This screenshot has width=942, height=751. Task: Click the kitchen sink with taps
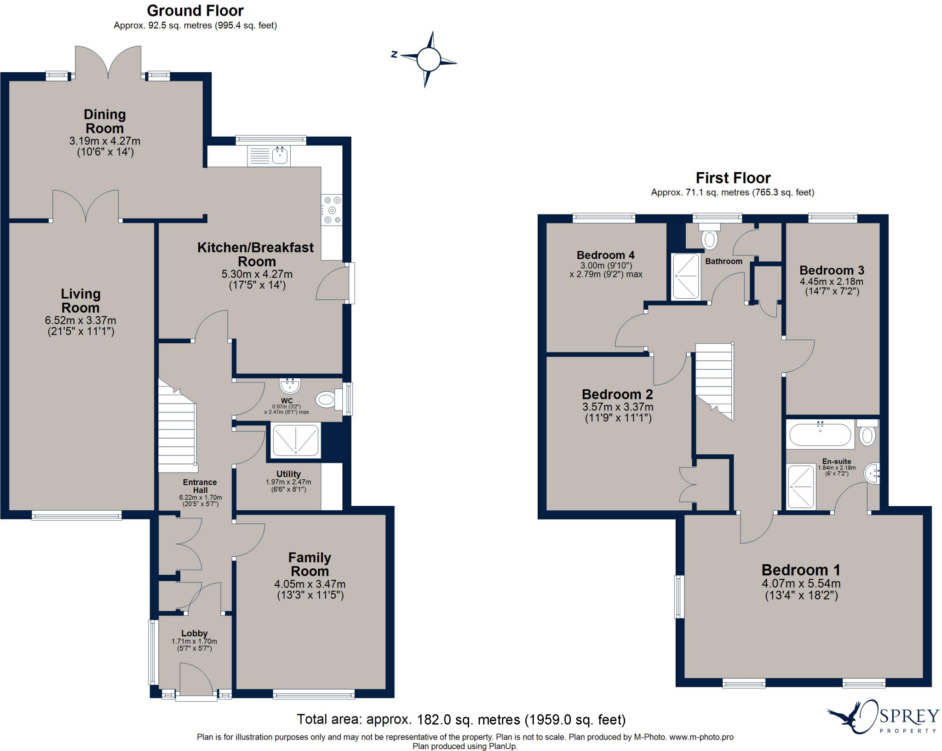[280, 155]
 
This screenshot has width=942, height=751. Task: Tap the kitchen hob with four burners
[332, 210]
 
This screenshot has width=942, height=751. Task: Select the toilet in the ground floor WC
[326, 399]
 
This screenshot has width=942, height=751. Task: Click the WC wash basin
[290, 384]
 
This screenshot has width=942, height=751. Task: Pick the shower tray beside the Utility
[295, 440]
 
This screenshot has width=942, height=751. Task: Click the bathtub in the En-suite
[820, 434]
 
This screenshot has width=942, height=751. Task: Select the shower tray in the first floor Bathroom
[685, 277]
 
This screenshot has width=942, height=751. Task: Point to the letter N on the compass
[394, 54]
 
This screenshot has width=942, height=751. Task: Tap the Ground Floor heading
[195, 11]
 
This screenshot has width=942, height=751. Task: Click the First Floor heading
[733, 178]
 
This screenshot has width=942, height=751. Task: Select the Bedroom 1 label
[801, 570]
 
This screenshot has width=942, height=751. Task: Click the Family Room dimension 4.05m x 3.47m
[310, 584]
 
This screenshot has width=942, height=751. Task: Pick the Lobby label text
[194, 633]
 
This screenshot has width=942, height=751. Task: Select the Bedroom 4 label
[605, 255]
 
